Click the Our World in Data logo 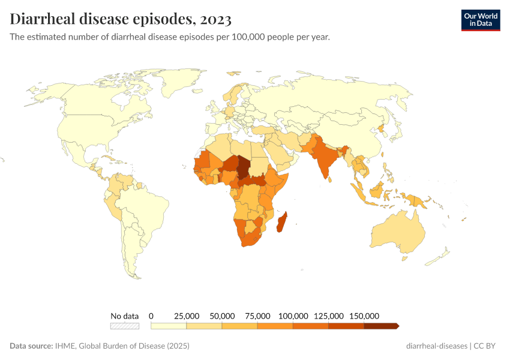(480, 20)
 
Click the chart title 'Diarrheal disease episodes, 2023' (121, 19)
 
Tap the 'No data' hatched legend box (124, 326)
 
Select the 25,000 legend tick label (187, 316)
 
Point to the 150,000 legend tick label (364, 316)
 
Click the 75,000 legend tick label (257, 316)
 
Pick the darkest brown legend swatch (381, 326)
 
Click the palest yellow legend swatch (169, 326)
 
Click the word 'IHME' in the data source (64, 346)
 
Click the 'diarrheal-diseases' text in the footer (436, 346)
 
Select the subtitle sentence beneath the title (170, 37)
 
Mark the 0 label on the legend (151, 316)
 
